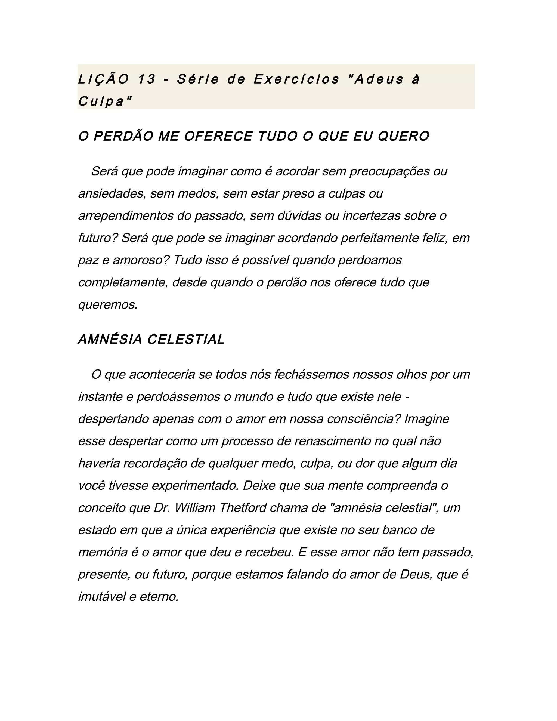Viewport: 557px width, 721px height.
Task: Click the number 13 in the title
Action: (x=147, y=79)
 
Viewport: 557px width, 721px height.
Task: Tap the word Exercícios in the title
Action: (x=296, y=79)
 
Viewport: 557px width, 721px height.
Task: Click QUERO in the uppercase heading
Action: (x=403, y=136)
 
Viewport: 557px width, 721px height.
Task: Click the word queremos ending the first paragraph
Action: (x=108, y=305)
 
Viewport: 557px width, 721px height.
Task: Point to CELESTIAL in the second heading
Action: (x=186, y=339)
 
